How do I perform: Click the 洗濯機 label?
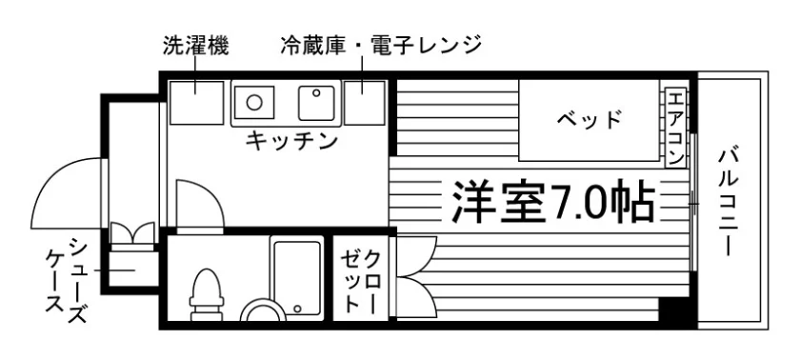(x=195, y=46)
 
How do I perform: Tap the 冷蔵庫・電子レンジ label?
(x=381, y=46)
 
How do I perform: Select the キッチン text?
(x=291, y=140)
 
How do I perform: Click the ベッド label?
(x=590, y=120)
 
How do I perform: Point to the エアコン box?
(x=675, y=128)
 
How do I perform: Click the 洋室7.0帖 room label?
(x=553, y=201)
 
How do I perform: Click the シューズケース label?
(x=65, y=280)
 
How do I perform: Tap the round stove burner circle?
(x=254, y=102)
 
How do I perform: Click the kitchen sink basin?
(x=316, y=103)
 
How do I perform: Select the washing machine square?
(x=197, y=103)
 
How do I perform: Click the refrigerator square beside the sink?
(x=364, y=103)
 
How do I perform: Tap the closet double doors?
(x=416, y=277)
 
